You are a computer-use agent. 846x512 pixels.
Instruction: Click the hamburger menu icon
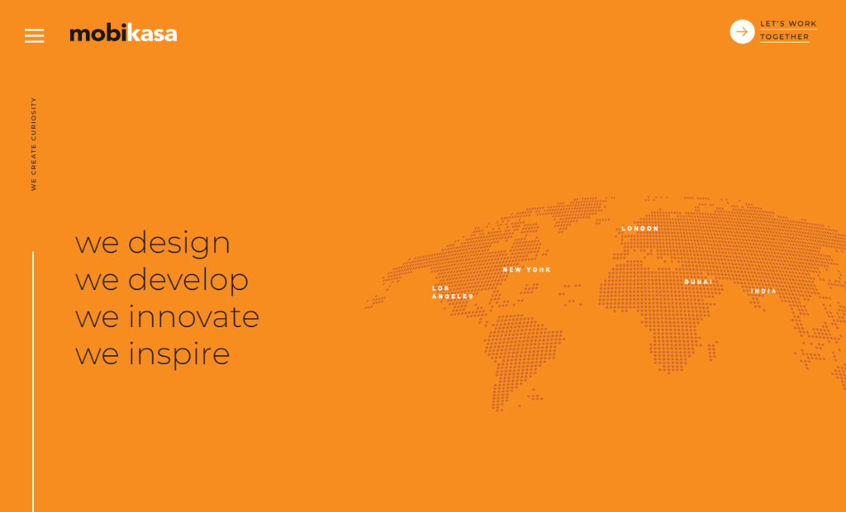[x=34, y=36]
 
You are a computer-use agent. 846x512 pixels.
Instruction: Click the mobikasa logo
[x=123, y=33]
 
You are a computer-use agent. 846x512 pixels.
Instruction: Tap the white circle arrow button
[x=742, y=32]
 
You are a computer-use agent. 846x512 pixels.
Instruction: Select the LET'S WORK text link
[x=788, y=24]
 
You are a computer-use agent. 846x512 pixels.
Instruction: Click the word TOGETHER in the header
[x=785, y=36]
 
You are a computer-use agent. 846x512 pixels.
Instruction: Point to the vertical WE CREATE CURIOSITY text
[x=33, y=144]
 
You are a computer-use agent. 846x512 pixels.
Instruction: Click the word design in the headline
[x=179, y=243]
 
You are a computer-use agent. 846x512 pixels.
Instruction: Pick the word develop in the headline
[x=188, y=280]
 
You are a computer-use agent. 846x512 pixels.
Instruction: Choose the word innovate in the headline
[x=193, y=316]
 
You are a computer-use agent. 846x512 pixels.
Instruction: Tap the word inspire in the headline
[x=179, y=354]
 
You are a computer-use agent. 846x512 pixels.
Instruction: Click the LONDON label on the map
[x=640, y=229]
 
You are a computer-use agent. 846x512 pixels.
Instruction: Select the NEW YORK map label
[x=526, y=270]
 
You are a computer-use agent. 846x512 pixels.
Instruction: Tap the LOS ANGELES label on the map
[x=453, y=292]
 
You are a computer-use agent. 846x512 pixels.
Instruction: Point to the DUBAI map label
[x=698, y=282]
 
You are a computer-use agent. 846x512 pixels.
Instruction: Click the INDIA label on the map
[x=763, y=292]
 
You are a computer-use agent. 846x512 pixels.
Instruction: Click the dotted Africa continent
[x=658, y=313]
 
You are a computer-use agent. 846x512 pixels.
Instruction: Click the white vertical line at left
[x=33, y=382]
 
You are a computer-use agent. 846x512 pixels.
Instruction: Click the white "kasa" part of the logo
[x=152, y=34]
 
